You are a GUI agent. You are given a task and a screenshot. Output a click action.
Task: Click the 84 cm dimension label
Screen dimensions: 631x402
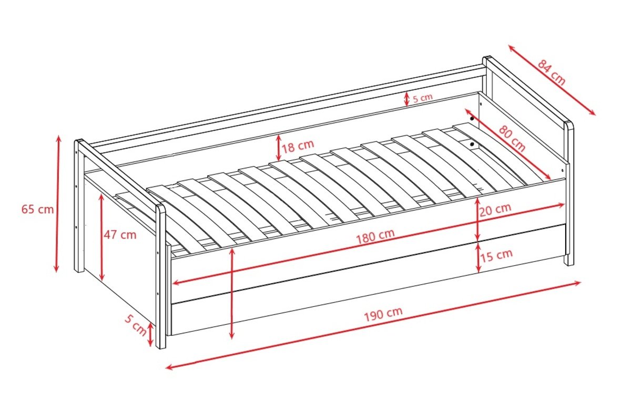pyautogui.click(x=551, y=72)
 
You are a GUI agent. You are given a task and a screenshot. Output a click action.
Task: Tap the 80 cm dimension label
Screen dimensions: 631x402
pyautogui.click(x=512, y=139)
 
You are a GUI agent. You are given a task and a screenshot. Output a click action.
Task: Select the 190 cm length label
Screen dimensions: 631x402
pyautogui.click(x=383, y=314)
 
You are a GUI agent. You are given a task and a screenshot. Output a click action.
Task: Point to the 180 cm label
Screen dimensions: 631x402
pyautogui.click(x=375, y=237)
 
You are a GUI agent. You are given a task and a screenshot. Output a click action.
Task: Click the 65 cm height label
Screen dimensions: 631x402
pyautogui.click(x=37, y=210)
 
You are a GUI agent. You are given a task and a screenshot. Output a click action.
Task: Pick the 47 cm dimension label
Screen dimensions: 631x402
pyautogui.click(x=120, y=235)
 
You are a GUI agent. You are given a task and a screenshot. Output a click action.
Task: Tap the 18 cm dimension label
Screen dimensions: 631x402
pyautogui.click(x=298, y=147)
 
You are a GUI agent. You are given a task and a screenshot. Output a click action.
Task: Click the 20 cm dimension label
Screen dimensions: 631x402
pyautogui.click(x=495, y=210)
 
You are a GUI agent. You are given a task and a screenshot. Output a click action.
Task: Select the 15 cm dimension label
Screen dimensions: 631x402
pyautogui.click(x=496, y=255)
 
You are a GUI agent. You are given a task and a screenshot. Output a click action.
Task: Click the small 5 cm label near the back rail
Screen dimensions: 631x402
pyautogui.click(x=423, y=98)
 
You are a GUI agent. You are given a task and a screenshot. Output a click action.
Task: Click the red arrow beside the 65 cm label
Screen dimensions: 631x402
pyautogui.click(x=57, y=204)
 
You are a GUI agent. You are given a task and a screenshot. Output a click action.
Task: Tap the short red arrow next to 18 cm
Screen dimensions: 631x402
pyautogui.click(x=278, y=148)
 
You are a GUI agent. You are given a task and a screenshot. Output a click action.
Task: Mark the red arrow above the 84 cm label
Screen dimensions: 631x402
pyautogui.click(x=552, y=80)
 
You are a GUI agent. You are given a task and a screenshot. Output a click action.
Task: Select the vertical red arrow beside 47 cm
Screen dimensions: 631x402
pyautogui.click(x=101, y=237)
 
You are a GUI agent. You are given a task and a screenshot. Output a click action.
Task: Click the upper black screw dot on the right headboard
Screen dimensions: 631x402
pyautogui.click(x=472, y=119)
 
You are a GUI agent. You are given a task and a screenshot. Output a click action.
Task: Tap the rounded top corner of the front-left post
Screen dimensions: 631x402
pyautogui.click(x=161, y=208)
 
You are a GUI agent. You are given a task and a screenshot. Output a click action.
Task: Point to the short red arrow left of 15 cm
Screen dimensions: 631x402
pyautogui.click(x=478, y=258)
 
